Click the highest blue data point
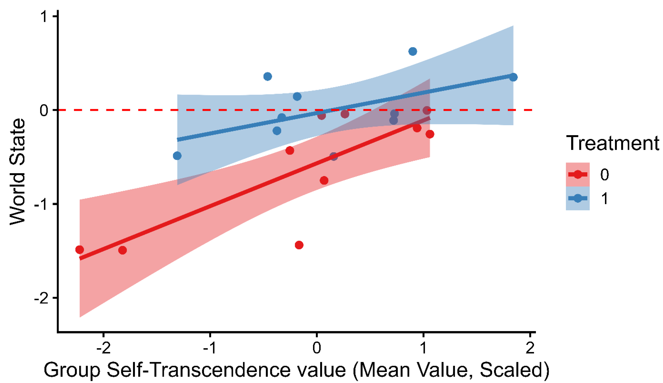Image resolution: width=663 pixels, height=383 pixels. click(x=413, y=51)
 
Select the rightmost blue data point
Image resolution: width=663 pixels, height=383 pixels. click(x=513, y=77)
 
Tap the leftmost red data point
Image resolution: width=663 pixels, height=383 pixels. click(x=79, y=249)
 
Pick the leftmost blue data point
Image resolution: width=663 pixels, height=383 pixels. click(x=177, y=156)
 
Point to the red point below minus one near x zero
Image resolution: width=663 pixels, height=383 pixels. click(x=299, y=245)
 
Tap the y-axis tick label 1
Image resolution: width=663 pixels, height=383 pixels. click(x=44, y=16)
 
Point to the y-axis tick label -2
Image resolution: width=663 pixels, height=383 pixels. click(x=42, y=298)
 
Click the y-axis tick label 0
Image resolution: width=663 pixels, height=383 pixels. click(x=44, y=110)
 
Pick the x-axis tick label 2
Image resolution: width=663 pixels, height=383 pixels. click(x=530, y=348)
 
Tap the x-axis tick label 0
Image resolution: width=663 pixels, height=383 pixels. click(x=317, y=348)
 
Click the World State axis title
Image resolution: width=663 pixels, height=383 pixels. click(x=17, y=172)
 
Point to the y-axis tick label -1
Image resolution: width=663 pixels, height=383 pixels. click(x=42, y=204)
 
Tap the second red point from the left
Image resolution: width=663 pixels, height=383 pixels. click(x=122, y=250)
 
